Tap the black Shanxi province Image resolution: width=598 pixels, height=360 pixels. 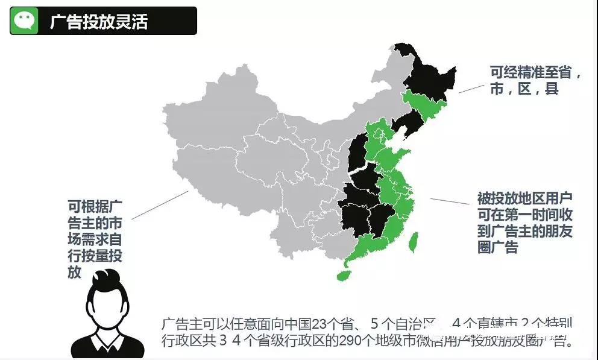[357, 154]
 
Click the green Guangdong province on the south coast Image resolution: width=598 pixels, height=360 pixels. [368, 244]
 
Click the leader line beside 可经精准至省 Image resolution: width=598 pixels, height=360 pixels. [471, 88]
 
